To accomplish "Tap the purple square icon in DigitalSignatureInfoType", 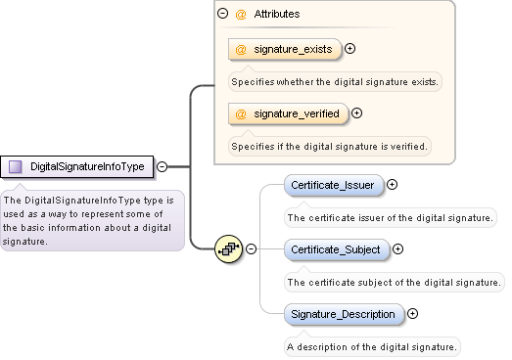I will pyautogui.click(x=15, y=166).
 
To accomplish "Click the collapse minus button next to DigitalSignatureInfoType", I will pyautogui.click(x=162, y=166).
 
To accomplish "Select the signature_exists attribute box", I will pyautogui.click(x=285, y=48).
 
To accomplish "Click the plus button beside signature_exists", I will pyautogui.click(x=349, y=48).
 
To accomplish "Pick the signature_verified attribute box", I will pyautogui.click(x=288, y=113).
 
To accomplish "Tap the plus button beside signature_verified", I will pyautogui.click(x=356, y=113).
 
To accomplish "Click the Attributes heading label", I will pyautogui.click(x=277, y=15).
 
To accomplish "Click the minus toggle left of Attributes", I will pyautogui.click(x=223, y=15).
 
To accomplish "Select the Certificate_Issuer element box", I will pyautogui.click(x=332, y=184).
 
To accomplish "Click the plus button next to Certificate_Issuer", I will pyautogui.click(x=393, y=184).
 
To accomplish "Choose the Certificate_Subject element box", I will pyautogui.click(x=336, y=249).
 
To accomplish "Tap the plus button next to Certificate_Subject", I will pyautogui.click(x=399, y=249).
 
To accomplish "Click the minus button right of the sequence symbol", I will pyautogui.click(x=251, y=249).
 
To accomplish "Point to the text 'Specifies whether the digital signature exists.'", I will pyautogui.click(x=335, y=81).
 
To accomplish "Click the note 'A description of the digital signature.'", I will pyautogui.click(x=371, y=346).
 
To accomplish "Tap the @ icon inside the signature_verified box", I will pyautogui.click(x=241, y=113).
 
